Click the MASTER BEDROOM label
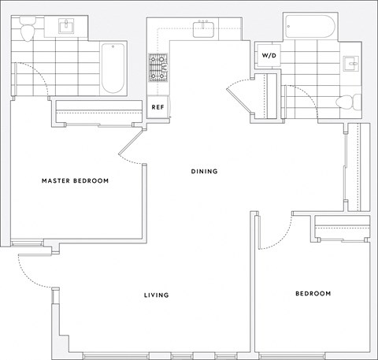click(75, 181)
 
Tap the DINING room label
click(204, 171)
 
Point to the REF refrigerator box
click(157, 106)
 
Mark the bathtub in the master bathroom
click(113, 68)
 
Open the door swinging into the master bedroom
click(131, 150)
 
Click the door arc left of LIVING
click(31, 272)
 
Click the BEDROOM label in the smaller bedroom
click(313, 294)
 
